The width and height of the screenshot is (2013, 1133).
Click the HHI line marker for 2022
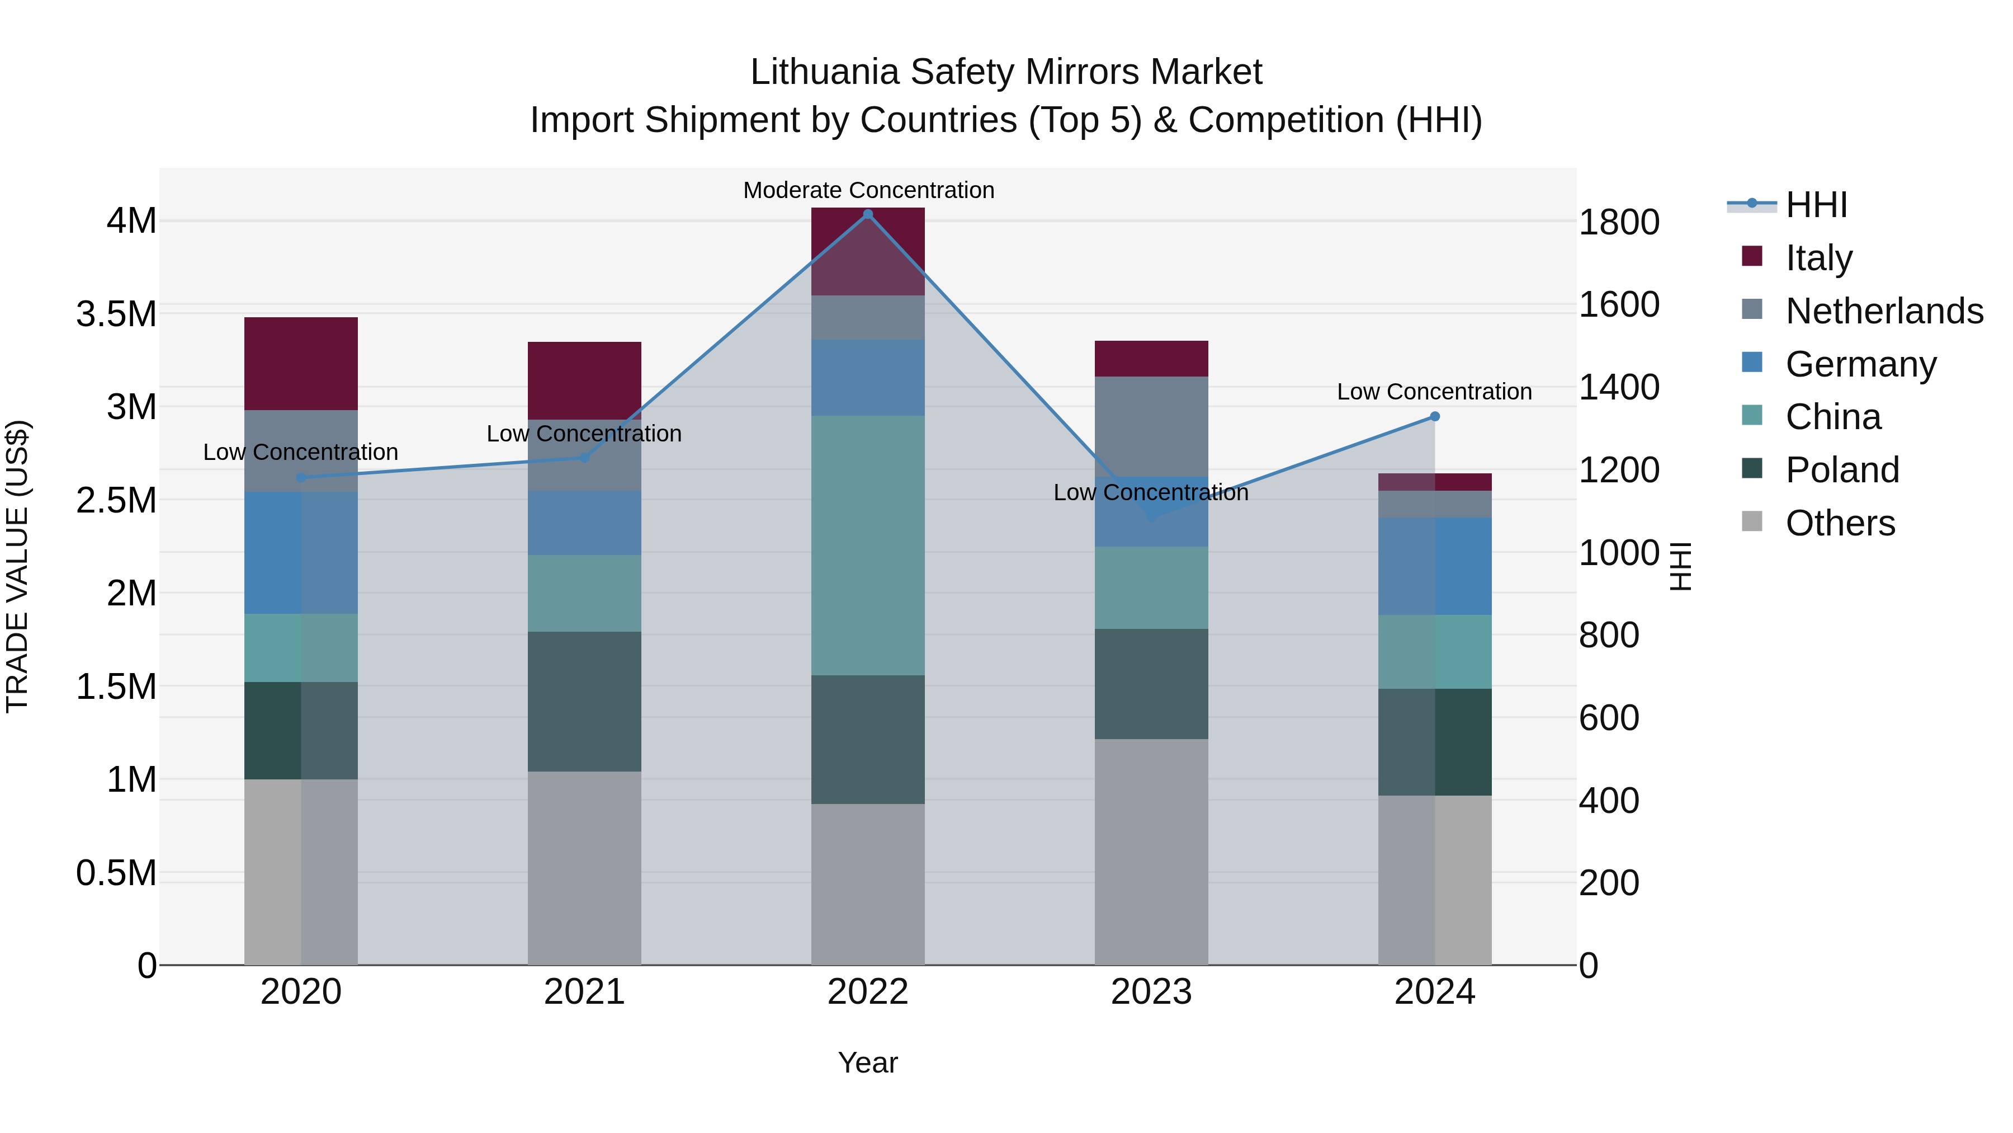pos(867,214)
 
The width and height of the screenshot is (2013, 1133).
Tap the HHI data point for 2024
pos(1434,417)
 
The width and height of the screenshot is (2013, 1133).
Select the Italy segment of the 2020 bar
pos(301,364)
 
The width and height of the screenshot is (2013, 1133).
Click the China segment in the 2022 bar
pos(867,545)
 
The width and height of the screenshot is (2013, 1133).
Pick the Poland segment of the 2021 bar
pos(584,702)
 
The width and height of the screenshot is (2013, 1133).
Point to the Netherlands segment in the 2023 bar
pos(1151,426)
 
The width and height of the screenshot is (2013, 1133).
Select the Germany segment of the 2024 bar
pos(1434,566)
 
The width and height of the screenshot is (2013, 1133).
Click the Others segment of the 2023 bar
pos(1151,852)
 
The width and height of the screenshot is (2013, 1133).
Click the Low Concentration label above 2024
pos(1434,392)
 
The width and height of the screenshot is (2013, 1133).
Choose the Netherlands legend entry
pos(1884,311)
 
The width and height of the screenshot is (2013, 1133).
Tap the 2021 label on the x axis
pos(584,992)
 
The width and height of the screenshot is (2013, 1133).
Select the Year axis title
pos(867,1063)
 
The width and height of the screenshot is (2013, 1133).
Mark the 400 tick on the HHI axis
pos(1609,801)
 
